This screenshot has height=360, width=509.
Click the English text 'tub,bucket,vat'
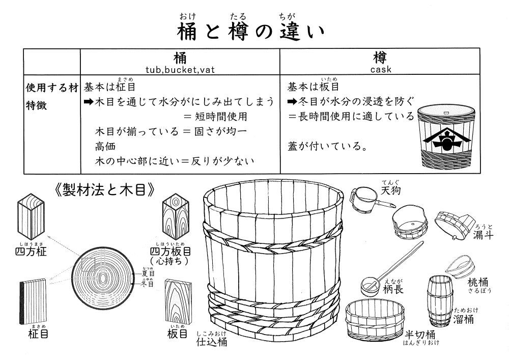[180, 70]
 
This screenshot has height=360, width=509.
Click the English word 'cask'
[381, 69]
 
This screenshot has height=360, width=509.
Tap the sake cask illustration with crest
[446, 136]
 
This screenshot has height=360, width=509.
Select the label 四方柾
[31, 252]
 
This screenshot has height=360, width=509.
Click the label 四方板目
[171, 252]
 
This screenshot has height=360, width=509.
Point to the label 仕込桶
[212, 342]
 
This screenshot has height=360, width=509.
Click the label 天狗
[390, 190]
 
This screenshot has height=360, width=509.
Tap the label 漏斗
[484, 234]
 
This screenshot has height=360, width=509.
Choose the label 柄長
[393, 289]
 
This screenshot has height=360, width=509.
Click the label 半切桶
[420, 335]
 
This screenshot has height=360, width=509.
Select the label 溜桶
[463, 319]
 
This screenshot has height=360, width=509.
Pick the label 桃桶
[477, 282]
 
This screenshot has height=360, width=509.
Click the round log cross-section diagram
[103, 278]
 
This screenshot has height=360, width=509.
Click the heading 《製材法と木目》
[104, 190]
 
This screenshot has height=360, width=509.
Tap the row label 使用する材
[52, 88]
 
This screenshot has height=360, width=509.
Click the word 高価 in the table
[105, 147]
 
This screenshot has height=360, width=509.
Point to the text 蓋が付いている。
[328, 146]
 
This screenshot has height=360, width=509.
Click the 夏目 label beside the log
[148, 273]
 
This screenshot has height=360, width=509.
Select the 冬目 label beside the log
[148, 284]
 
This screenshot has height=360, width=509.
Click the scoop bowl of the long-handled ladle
[371, 286]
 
